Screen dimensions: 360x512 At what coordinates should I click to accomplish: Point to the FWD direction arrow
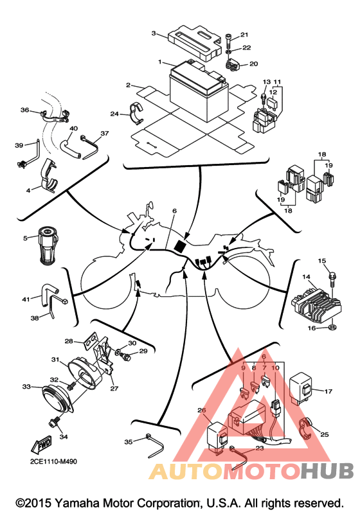pos(42,445)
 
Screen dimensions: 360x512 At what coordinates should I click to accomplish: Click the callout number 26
pos(202,410)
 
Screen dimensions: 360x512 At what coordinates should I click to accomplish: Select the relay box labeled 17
pos(301,389)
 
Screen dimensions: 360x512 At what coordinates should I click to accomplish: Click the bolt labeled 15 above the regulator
pos(332,278)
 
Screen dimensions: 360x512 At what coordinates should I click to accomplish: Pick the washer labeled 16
pos(332,327)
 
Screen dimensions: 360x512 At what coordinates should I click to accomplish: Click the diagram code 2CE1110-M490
pos(53,462)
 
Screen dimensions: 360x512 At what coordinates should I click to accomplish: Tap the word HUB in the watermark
pos(327,471)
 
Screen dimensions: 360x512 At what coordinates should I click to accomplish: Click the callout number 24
pos(114,114)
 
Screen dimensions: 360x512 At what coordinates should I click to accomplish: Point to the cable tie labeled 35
pos(155,445)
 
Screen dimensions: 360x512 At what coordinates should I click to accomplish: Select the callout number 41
pos(26,299)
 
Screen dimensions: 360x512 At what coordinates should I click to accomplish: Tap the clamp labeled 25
pos(307,428)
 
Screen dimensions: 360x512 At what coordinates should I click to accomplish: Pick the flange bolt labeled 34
pos(54,422)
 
